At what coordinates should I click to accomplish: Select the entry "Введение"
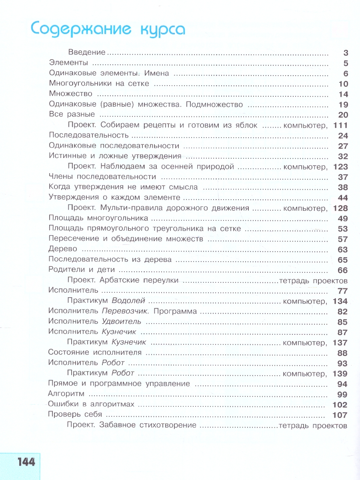pyautogui.click(x=86, y=52)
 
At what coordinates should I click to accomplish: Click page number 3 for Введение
pyautogui.click(x=346, y=53)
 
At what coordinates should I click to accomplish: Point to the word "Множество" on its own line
pyautogui.click(x=70, y=94)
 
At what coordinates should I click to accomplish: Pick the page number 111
pyautogui.click(x=340, y=126)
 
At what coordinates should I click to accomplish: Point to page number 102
pyautogui.click(x=340, y=405)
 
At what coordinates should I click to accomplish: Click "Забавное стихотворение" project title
pyautogui.click(x=148, y=425)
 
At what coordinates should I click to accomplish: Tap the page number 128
pyautogui.click(x=340, y=208)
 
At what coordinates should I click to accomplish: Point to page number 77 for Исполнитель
pyautogui.click(x=343, y=291)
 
